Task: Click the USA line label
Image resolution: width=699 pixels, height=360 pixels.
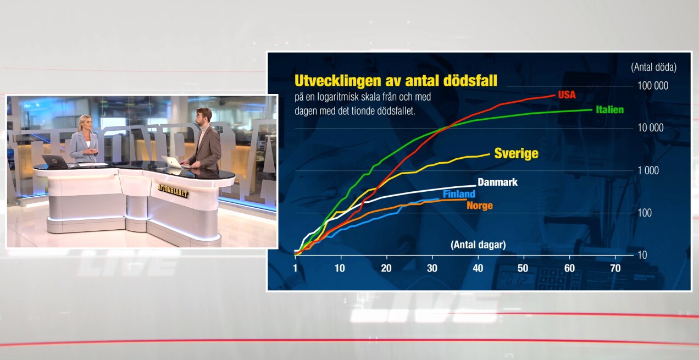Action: [x=567, y=95]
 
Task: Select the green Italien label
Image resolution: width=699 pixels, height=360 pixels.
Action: [x=610, y=109]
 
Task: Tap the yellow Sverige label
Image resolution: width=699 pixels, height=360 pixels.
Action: [x=517, y=153]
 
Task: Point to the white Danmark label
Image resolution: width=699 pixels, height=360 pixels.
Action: [x=497, y=182]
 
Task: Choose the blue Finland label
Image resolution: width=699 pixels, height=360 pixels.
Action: [x=459, y=194]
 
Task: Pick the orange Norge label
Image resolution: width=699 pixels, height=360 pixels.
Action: [x=480, y=206]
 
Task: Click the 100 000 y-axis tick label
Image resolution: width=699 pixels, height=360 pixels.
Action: [x=653, y=86]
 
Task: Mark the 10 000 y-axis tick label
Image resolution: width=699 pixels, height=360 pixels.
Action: [x=651, y=128]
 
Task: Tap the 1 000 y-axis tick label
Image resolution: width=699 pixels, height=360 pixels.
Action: [x=648, y=170]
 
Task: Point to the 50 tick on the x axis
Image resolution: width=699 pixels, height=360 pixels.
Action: [x=523, y=268]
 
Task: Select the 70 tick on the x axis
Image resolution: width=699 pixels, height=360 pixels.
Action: [x=615, y=268]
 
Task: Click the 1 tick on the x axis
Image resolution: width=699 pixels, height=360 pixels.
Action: [x=295, y=268]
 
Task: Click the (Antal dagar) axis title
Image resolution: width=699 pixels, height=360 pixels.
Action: [x=478, y=245]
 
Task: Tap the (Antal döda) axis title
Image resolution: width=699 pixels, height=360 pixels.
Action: [x=654, y=67]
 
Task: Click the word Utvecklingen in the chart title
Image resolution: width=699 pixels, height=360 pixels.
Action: [x=337, y=81]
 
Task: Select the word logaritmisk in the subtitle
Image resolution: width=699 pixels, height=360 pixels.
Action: [x=353, y=97]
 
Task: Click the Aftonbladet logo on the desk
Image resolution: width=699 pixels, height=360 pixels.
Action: [x=173, y=191]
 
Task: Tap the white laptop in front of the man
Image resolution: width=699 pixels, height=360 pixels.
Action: [x=173, y=162]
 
